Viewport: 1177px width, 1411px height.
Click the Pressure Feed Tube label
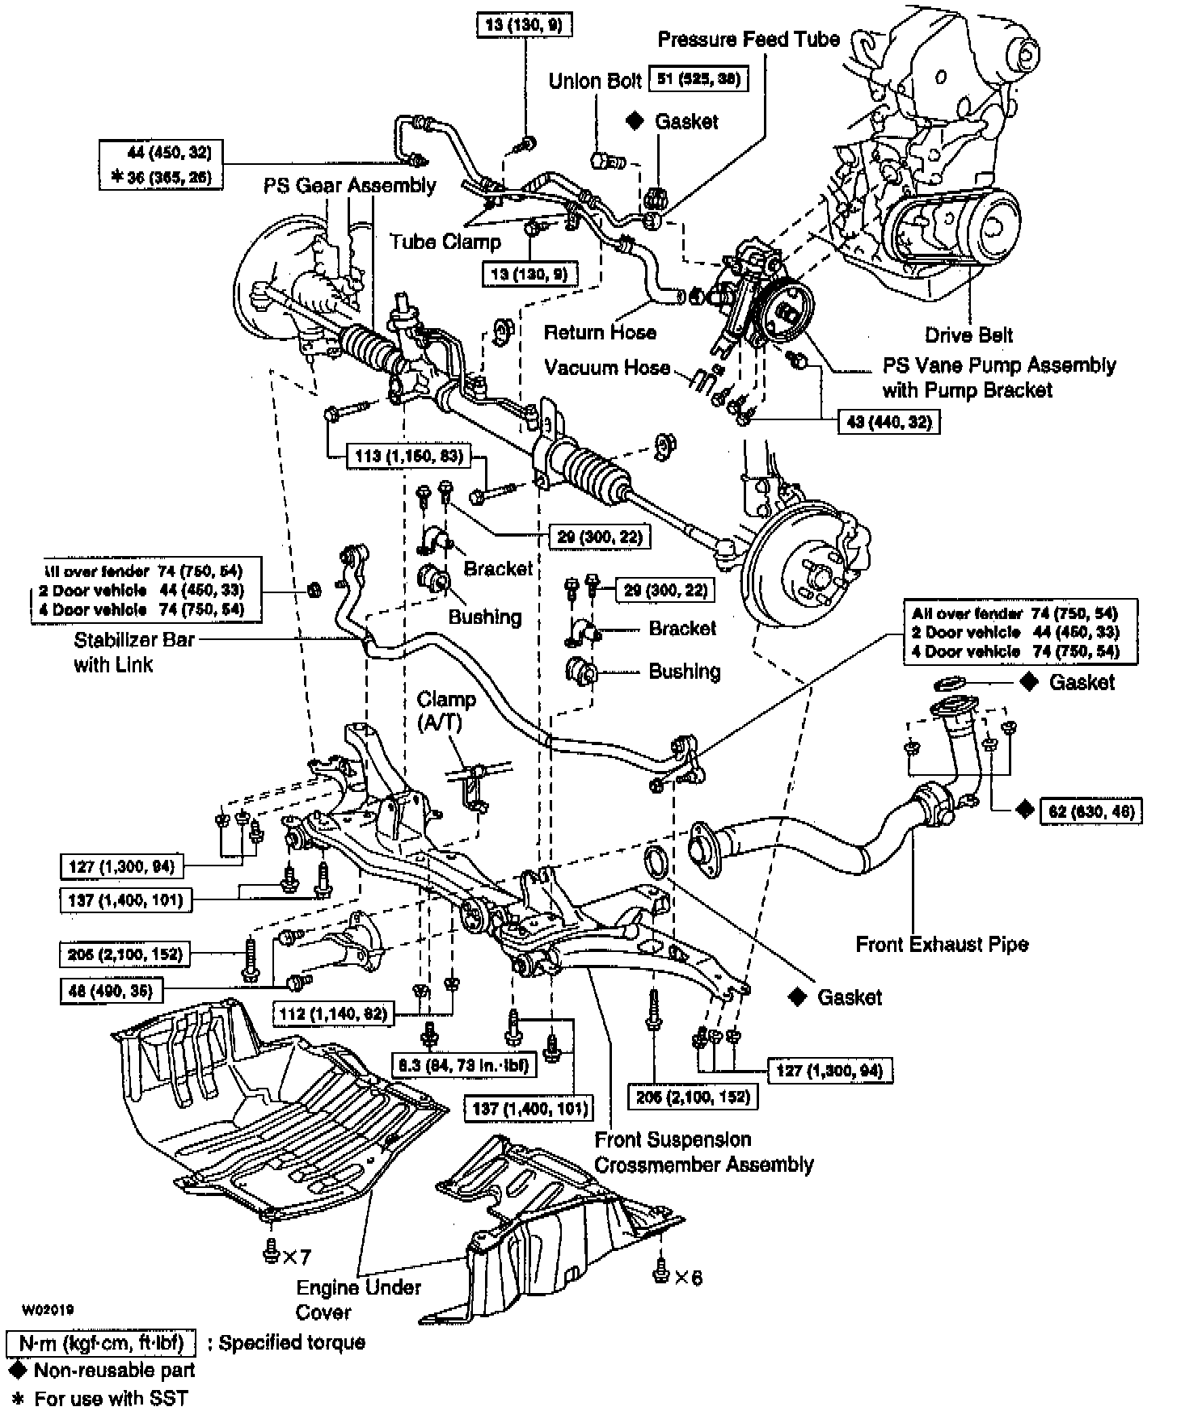(749, 39)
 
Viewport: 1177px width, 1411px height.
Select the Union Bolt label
(584, 81)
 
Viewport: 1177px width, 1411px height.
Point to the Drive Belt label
(968, 335)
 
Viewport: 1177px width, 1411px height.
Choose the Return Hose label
(600, 332)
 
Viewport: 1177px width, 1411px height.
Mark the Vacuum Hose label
(607, 368)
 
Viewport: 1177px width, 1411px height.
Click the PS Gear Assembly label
(349, 185)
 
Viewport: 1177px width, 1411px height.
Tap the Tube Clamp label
(445, 242)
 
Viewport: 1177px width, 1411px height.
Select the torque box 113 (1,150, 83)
(409, 457)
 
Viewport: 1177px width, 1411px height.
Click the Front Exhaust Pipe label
(942, 944)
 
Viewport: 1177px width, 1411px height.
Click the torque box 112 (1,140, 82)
(333, 1013)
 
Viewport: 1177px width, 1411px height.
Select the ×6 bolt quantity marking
(688, 1277)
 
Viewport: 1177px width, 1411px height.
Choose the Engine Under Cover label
(359, 1299)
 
